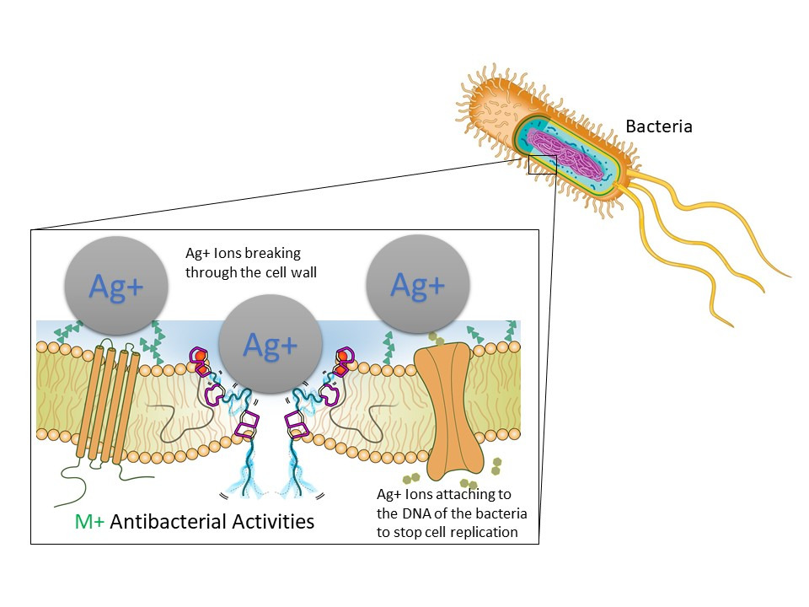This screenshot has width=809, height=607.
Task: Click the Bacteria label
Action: (658, 127)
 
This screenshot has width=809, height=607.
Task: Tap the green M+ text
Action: (89, 522)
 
